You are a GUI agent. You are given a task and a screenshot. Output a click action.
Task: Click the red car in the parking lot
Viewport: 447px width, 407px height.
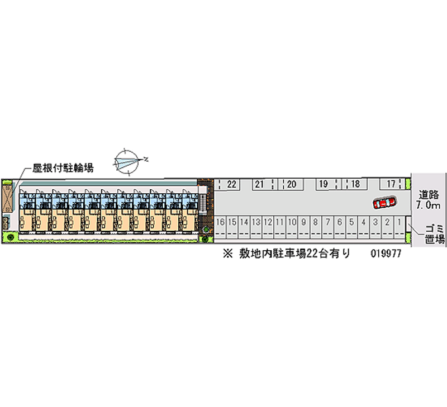[x=385, y=202]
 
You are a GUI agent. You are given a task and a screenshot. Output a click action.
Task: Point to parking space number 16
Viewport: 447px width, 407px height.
[x=220, y=222]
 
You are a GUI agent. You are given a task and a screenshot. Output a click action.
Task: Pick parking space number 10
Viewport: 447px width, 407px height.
[x=292, y=222]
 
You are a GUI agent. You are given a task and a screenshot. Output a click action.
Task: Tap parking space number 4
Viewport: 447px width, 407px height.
[x=363, y=222]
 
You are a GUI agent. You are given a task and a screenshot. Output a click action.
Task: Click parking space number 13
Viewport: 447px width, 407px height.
[x=256, y=222]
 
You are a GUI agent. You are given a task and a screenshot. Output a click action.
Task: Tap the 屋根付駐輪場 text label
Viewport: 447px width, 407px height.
[x=63, y=167]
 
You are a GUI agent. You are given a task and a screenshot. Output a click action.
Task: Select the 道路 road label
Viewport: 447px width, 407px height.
[x=429, y=195]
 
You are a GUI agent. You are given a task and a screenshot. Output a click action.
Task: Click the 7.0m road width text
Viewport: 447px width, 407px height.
[x=429, y=205]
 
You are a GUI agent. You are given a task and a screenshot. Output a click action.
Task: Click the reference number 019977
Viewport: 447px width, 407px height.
[x=385, y=253]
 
